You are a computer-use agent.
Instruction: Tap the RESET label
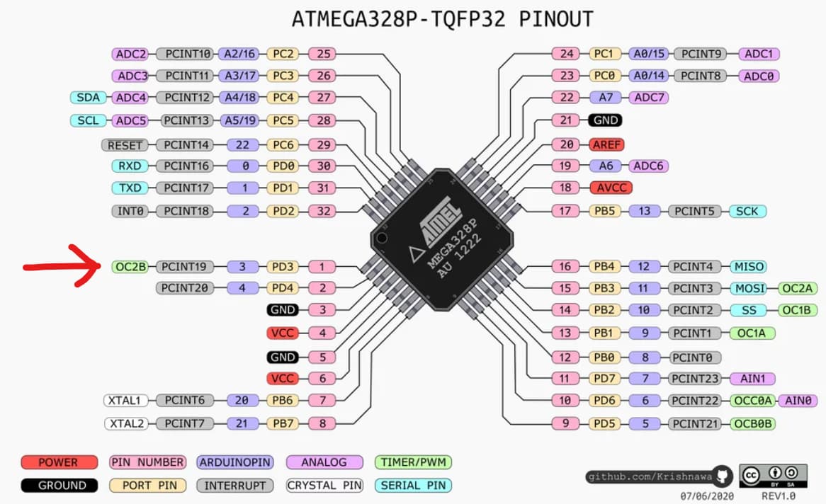(125, 145)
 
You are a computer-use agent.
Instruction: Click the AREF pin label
(606, 144)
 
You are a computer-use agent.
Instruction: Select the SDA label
(88, 98)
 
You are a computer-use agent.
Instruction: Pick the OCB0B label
(753, 424)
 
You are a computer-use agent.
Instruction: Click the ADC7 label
(649, 98)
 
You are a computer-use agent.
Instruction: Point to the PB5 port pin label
(604, 211)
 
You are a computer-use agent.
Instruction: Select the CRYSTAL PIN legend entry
(324, 486)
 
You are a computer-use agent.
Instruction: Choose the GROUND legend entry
(59, 486)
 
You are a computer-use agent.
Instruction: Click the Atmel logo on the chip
(434, 224)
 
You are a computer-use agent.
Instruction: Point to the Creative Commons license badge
(773, 475)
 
